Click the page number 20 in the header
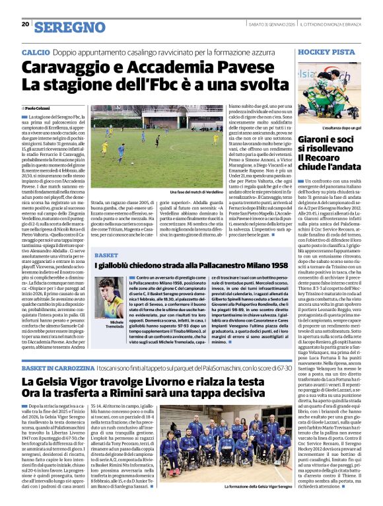25,24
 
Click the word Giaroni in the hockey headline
316,139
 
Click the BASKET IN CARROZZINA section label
50,367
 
